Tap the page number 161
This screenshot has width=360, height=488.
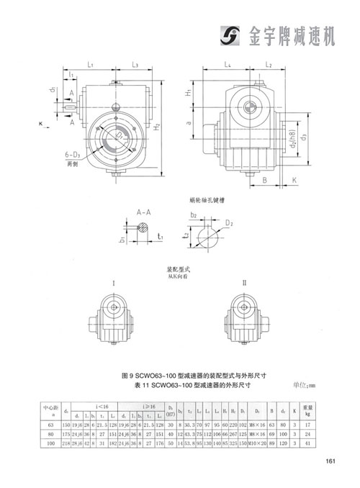tap(331, 461)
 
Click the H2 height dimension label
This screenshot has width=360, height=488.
tap(156, 127)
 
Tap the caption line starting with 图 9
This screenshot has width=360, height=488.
tap(180, 376)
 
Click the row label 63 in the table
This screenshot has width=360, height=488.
tap(50, 425)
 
